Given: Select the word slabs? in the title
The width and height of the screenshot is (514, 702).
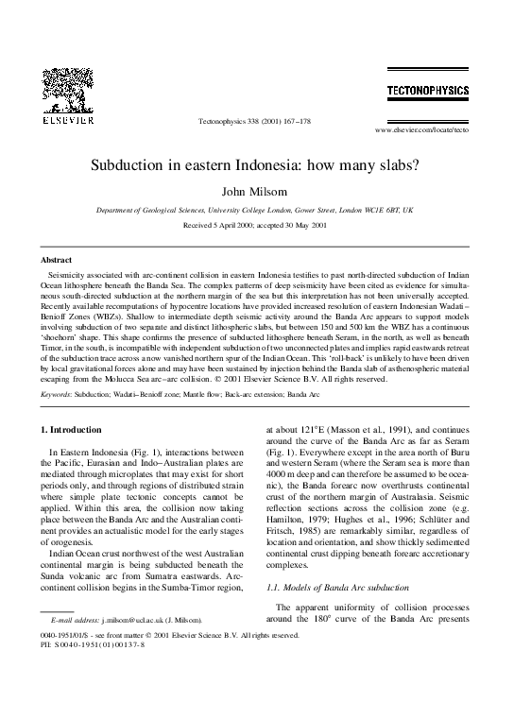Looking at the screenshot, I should (398, 163).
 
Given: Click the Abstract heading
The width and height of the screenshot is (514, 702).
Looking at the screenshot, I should (57, 259).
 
